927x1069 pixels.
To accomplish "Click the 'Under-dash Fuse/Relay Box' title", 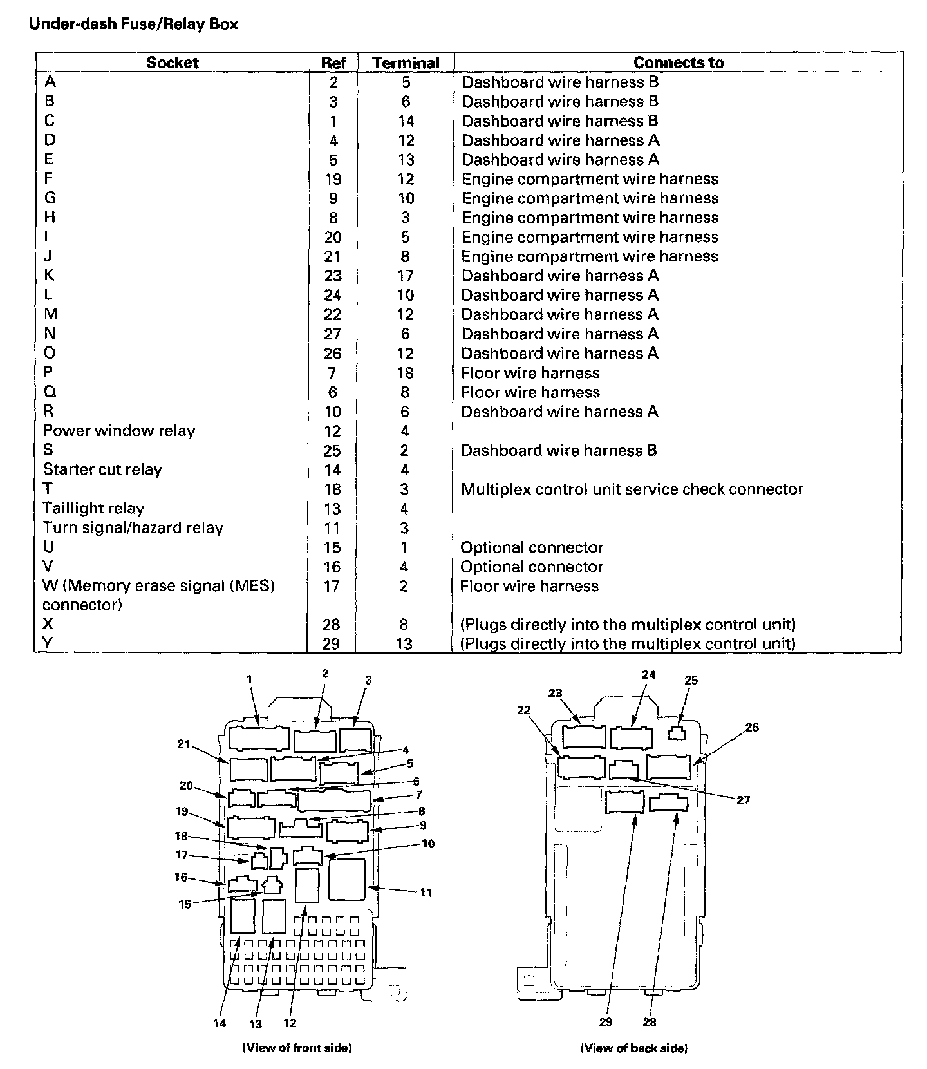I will tap(133, 24).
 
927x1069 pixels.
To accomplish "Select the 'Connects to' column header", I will tap(679, 62).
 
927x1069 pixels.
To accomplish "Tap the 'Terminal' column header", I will tap(406, 63).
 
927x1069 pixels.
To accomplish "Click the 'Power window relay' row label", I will tap(119, 431).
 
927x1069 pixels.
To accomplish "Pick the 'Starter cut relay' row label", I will tap(102, 469).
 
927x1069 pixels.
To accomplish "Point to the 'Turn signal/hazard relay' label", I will tap(133, 528).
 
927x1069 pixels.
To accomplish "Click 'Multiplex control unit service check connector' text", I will tap(632, 489).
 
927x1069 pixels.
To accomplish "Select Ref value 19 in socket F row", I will tap(333, 180).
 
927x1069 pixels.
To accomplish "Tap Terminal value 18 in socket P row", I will tap(405, 373).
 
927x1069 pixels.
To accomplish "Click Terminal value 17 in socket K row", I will tap(405, 276).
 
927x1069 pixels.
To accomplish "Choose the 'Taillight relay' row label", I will tap(93, 509).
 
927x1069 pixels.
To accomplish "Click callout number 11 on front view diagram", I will tap(426, 893).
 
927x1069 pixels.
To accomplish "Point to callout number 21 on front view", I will tap(183, 744).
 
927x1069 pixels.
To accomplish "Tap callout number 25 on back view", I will tap(691, 681).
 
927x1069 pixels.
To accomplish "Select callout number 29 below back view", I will tap(606, 1022).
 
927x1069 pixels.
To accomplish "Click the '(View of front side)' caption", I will tap(297, 1048).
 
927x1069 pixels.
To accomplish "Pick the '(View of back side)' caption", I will tap(633, 1048).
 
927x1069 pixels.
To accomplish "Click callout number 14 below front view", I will tap(220, 1023).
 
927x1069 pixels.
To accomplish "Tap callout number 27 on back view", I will tap(744, 800).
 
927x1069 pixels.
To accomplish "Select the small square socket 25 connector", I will tap(677, 733).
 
